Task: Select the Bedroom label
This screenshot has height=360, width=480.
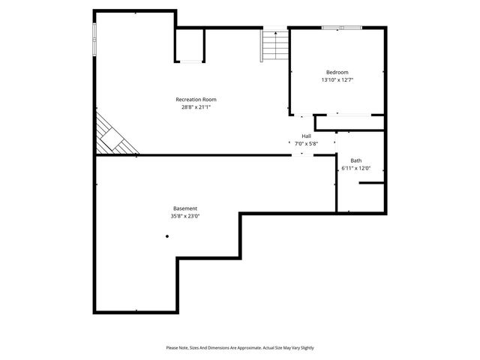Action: click(x=337, y=72)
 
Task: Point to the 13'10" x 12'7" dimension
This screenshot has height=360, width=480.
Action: click(x=337, y=79)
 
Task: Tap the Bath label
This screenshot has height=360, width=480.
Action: click(x=355, y=160)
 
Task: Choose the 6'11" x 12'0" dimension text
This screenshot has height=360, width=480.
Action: click(x=355, y=168)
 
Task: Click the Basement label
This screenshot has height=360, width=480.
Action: click(x=185, y=208)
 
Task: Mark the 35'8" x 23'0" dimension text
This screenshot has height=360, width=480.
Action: click(x=185, y=216)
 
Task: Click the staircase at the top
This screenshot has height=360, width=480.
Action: click(x=275, y=46)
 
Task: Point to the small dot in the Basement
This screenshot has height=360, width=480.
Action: click(x=167, y=236)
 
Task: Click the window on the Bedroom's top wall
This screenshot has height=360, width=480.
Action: click(x=341, y=28)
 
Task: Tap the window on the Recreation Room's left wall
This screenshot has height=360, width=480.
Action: click(x=94, y=39)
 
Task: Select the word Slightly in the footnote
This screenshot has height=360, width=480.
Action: click(x=304, y=348)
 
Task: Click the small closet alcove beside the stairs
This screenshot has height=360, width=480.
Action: click(x=190, y=46)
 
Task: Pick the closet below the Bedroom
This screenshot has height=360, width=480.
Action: click(x=349, y=122)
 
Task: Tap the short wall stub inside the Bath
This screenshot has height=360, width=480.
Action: click(x=370, y=182)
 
